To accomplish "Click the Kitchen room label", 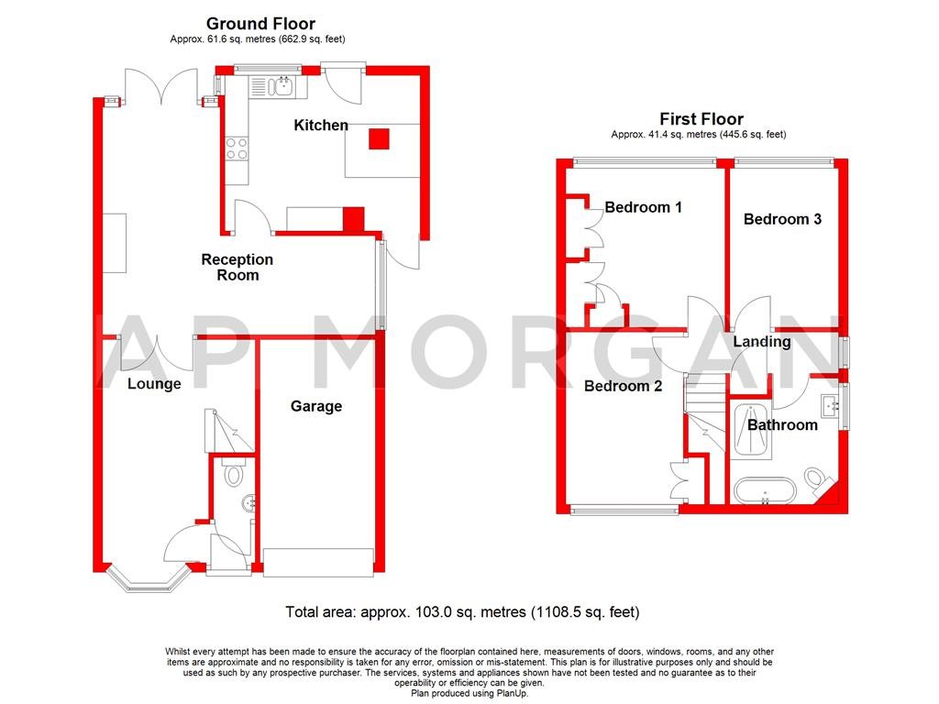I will (x=320, y=125).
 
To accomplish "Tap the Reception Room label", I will (x=237, y=267).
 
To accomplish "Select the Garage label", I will (x=316, y=406).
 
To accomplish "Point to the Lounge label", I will (x=154, y=384).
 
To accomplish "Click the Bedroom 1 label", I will (x=643, y=207).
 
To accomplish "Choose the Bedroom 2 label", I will (x=624, y=386).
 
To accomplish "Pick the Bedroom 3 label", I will (x=782, y=219).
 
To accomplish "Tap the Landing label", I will (x=761, y=342).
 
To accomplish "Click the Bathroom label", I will (x=782, y=424).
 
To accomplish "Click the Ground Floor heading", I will (x=260, y=24).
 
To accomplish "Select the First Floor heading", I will (x=701, y=119).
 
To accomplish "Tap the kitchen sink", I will (x=277, y=88).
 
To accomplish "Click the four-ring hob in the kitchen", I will (x=237, y=148).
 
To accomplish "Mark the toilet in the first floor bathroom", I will (x=817, y=479).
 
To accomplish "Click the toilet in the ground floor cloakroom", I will (x=233, y=474).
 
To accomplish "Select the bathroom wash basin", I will (x=834, y=404).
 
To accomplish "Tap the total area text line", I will (x=462, y=611).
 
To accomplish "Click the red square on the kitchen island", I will (x=379, y=138).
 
